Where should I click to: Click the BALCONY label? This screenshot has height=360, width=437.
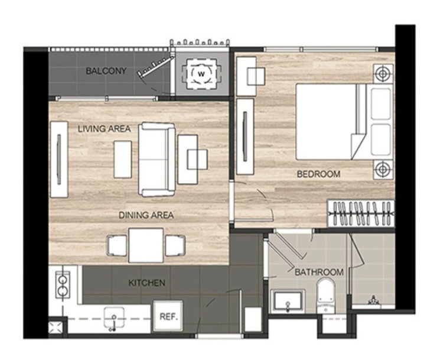(106, 71)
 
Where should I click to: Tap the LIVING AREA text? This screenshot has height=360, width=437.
(105, 129)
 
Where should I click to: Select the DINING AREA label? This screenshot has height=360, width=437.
(146, 215)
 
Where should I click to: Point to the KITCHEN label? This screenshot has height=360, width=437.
(147, 283)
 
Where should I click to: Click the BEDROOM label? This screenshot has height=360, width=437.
(318, 174)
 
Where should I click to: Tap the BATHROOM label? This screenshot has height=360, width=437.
(319, 272)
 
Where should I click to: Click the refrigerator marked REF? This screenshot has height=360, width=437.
(168, 316)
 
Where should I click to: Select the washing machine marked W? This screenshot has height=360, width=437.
(201, 74)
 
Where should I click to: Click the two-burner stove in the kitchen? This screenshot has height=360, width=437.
(62, 285)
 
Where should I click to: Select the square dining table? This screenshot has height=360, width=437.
(146, 245)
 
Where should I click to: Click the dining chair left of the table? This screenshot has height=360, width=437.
(117, 245)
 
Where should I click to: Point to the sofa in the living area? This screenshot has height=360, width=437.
(156, 160)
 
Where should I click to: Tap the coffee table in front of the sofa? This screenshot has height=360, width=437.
(123, 160)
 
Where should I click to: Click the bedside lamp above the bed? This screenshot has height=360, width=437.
(383, 74)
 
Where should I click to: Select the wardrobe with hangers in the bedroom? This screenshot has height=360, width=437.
(361, 213)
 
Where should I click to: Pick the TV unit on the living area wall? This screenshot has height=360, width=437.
(59, 160)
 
